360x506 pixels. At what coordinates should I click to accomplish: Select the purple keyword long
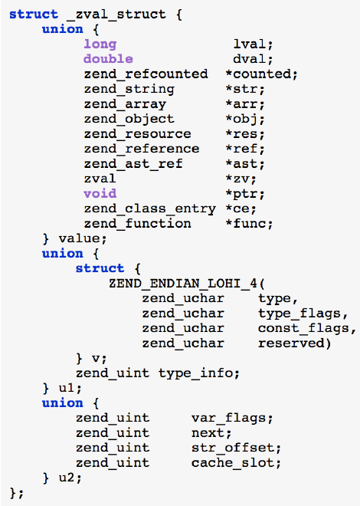tap(100, 44)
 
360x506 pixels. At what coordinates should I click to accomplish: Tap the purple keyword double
tap(108, 59)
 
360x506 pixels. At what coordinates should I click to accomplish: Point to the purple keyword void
tap(100, 193)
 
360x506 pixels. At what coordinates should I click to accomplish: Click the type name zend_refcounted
tap(146, 74)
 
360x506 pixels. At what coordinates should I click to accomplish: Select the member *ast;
tap(246, 163)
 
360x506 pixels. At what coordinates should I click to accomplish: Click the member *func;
tap(250, 223)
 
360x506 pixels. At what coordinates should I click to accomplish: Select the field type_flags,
tap(303, 313)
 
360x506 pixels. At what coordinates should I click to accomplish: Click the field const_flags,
tap(307, 328)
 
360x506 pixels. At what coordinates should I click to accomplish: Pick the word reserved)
tap(295, 343)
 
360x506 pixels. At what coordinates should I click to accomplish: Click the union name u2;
tap(68, 478)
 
